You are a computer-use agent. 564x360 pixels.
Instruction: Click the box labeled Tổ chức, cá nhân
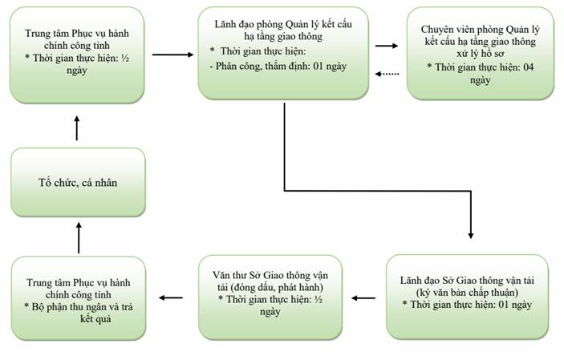(78, 182)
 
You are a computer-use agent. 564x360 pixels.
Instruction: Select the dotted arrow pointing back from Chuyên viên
(387, 74)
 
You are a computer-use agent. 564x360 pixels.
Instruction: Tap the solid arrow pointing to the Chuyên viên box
(387, 46)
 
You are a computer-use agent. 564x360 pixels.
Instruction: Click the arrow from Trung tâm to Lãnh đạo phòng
(173, 55)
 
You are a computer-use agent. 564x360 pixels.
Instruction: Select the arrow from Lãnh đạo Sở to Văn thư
(363, 298)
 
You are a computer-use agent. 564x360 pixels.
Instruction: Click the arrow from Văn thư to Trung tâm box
(171, 297)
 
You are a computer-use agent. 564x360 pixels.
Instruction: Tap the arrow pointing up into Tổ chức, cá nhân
(79, 237)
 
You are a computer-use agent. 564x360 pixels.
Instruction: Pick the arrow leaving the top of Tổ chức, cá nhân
(76, 128)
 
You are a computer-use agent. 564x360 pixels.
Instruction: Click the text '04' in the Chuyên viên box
(528, 67)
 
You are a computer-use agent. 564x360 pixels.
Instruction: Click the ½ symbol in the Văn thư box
(319, 299)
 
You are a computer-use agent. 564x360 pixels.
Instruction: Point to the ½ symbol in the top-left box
(125, 58)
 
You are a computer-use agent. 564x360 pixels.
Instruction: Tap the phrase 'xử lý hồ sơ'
(481, 54)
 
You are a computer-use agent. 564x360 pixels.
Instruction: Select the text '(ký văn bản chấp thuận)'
(467, 293)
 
